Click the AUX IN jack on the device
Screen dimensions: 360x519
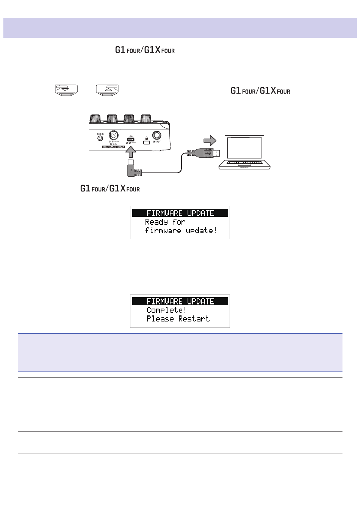100,139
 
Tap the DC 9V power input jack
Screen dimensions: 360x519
113,136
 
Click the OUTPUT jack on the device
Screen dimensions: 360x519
157,136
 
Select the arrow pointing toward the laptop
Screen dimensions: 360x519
210,141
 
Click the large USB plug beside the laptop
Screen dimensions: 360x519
210,153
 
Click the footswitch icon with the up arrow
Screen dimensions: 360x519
108,89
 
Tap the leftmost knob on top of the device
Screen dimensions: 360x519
95,118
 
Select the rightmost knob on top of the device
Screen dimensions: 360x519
146,118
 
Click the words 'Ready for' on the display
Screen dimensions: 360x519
165,222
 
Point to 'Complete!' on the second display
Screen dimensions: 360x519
166,310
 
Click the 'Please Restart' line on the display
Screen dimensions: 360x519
178,319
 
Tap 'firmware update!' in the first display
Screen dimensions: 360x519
181,230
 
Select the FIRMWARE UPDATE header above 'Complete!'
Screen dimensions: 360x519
180,301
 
